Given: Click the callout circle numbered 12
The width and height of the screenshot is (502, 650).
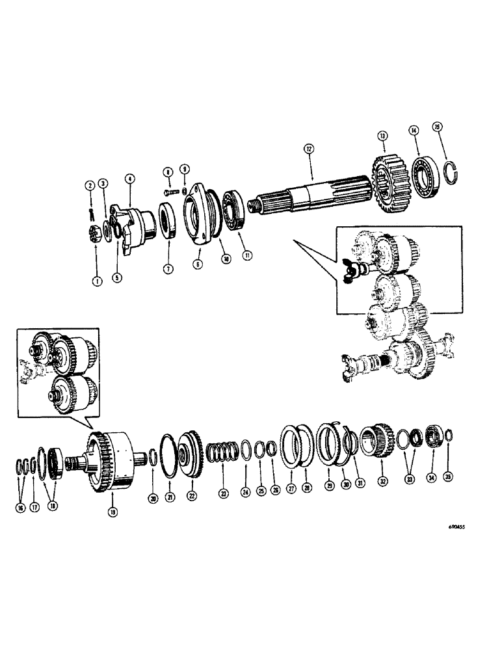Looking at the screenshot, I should coord(308,148).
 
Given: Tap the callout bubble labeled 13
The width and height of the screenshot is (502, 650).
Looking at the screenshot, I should coord(382,136).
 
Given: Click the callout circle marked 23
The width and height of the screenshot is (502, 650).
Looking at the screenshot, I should coord(223,493).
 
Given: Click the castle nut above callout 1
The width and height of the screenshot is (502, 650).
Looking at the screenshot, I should coord(95,232).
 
